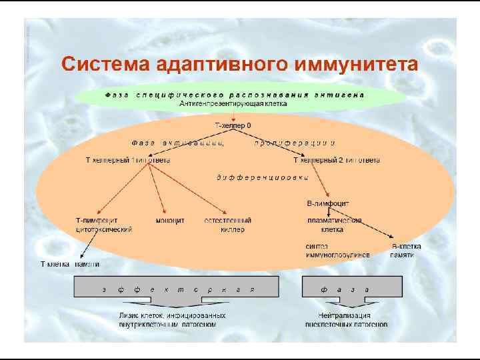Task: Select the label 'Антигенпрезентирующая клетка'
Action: click(x=233, y=104)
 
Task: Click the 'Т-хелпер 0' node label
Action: click(x=233, y=125)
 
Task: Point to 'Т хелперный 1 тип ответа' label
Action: click(x=127, y=161)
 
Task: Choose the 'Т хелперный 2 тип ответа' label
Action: click(x=337, y=161)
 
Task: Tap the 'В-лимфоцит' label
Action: click(x=327, y=203)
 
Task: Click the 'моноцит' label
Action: click(x=170, y=220)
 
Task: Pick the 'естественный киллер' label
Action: click(x=228, y=225)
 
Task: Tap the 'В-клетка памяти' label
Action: click(x=406, y=251)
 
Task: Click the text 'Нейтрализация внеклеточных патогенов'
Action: click(x=346, y=320)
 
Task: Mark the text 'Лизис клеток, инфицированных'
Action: click(x=172, y=315)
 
